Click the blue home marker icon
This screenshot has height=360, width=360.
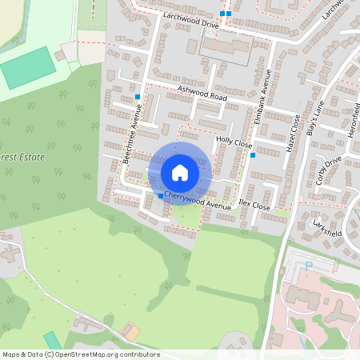[180, 172]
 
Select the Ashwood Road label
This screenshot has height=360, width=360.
[202, 94]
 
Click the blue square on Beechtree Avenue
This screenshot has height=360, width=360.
[138, 97]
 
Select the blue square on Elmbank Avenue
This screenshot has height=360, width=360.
[252, 155]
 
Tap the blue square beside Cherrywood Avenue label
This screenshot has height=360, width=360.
[161, 196]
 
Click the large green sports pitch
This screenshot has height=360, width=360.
[28, 73]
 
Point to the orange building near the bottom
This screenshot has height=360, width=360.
[130, 330]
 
